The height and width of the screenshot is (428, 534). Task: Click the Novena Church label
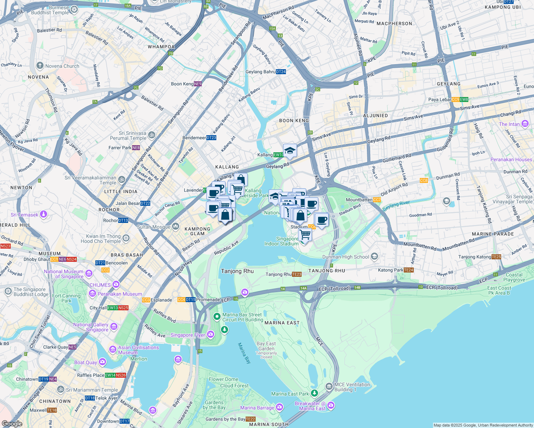(62, 66)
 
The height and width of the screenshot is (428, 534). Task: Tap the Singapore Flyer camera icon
(211, 335)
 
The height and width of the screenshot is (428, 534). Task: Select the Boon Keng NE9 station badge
(198, 84)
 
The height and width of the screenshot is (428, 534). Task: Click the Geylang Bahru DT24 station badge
(281, 72)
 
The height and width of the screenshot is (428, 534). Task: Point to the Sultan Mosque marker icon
(175, 226)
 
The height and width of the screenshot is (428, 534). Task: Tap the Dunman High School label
(346, 257)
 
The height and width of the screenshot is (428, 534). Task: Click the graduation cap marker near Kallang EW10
(290, 150)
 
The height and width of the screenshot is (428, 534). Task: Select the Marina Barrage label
(257, 408)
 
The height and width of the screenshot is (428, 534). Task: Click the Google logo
(12, 423)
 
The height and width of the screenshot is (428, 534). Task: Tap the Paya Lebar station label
(439, 100)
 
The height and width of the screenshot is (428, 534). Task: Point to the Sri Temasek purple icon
(43, 214)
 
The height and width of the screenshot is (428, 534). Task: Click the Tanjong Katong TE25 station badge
(496, 257)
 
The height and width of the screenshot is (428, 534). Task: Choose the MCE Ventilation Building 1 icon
(329, 387)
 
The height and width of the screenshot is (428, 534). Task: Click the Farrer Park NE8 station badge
(136, 148)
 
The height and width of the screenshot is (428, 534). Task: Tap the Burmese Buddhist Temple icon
(74, 9)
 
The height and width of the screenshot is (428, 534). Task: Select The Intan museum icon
(525, 124)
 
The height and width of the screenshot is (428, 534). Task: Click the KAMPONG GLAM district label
(197, 231)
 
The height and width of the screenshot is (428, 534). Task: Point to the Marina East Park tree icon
(314, 393)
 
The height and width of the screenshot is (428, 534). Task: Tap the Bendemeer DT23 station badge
(211, 138)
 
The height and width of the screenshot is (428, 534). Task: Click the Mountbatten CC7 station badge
(377, 200)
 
